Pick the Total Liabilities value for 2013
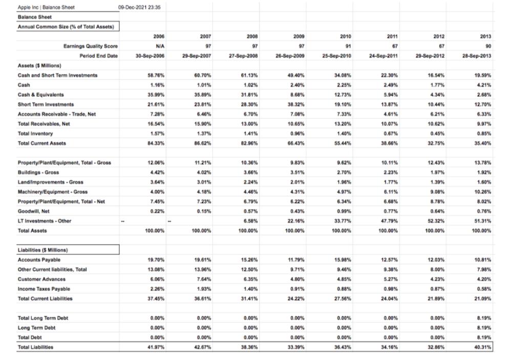[x=482, y=348]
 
